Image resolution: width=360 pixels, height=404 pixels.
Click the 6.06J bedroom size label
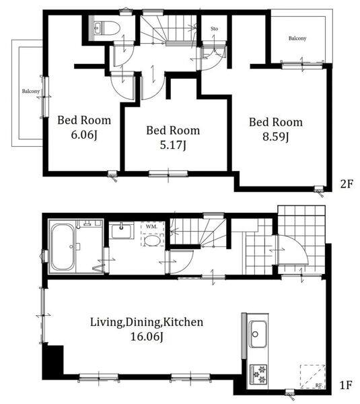[x=84, y=135]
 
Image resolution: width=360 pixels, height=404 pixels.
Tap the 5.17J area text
[x=173, y=145]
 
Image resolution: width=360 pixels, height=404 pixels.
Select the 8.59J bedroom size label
[x=275, y=137]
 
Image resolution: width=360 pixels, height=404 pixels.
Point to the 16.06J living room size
[x=147, y=337]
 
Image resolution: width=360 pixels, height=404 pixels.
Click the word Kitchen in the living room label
[x=183, y=322]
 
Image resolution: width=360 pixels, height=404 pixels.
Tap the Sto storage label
[x=214, y=28]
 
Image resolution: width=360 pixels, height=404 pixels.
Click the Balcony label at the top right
[x=297, y=38]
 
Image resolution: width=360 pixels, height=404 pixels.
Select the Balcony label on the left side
[x=31, y=91]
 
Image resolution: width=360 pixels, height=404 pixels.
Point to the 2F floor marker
[x=346, y=184]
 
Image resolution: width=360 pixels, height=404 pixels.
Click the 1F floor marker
[x=346, y=385]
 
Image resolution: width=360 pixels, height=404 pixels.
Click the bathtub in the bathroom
[x=63, y=247]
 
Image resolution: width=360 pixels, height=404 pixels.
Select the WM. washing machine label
[x=151, y=226]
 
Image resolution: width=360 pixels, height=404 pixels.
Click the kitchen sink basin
[x=258, y=334]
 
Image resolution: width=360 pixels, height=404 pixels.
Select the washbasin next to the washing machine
[x=121, y=230]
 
